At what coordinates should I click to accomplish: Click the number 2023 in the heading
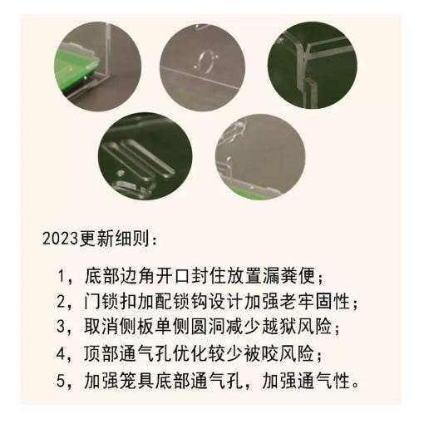[x=60, y=239]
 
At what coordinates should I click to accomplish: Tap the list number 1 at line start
[x=61, y=276]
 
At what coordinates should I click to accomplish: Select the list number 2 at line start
[x=61, y=301]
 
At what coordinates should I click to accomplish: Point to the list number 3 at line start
[x=61, y=327]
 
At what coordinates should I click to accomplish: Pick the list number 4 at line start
[x=61, y=353]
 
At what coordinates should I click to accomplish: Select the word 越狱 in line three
[x=278, y=327]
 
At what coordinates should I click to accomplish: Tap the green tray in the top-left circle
[x=75, y=65]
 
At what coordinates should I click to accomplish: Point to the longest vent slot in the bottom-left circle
[x=148, y=158]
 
